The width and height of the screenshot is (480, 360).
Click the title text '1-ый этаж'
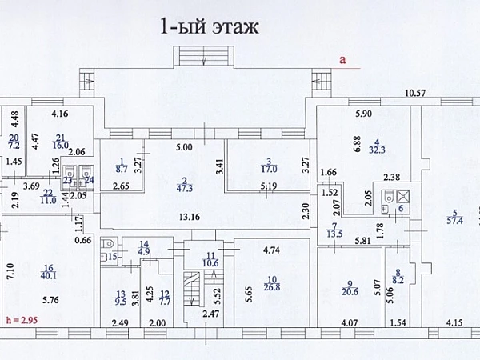tap(209, 28)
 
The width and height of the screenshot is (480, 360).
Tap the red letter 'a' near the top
tap(342, 58)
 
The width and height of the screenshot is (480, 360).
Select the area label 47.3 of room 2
tap(184, 189)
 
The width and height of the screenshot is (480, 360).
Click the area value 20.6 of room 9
tap(350, 294)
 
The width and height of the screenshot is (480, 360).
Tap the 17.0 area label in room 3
tap(269, 170)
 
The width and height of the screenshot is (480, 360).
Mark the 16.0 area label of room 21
tap(60, 146)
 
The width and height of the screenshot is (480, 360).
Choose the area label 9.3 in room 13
tap(121, 302)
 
